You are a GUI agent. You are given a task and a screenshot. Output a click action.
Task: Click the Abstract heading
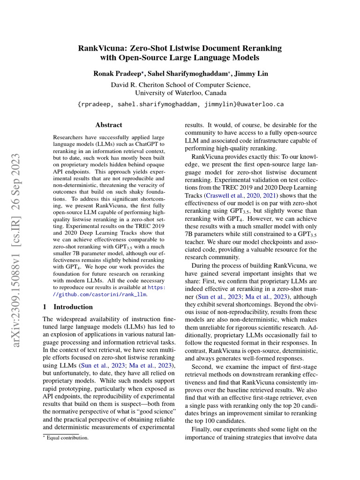[109, 125]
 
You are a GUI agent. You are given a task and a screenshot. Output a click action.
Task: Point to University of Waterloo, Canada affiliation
[180, 93]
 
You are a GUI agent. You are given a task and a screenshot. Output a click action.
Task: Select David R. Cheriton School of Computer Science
[180, 85]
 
